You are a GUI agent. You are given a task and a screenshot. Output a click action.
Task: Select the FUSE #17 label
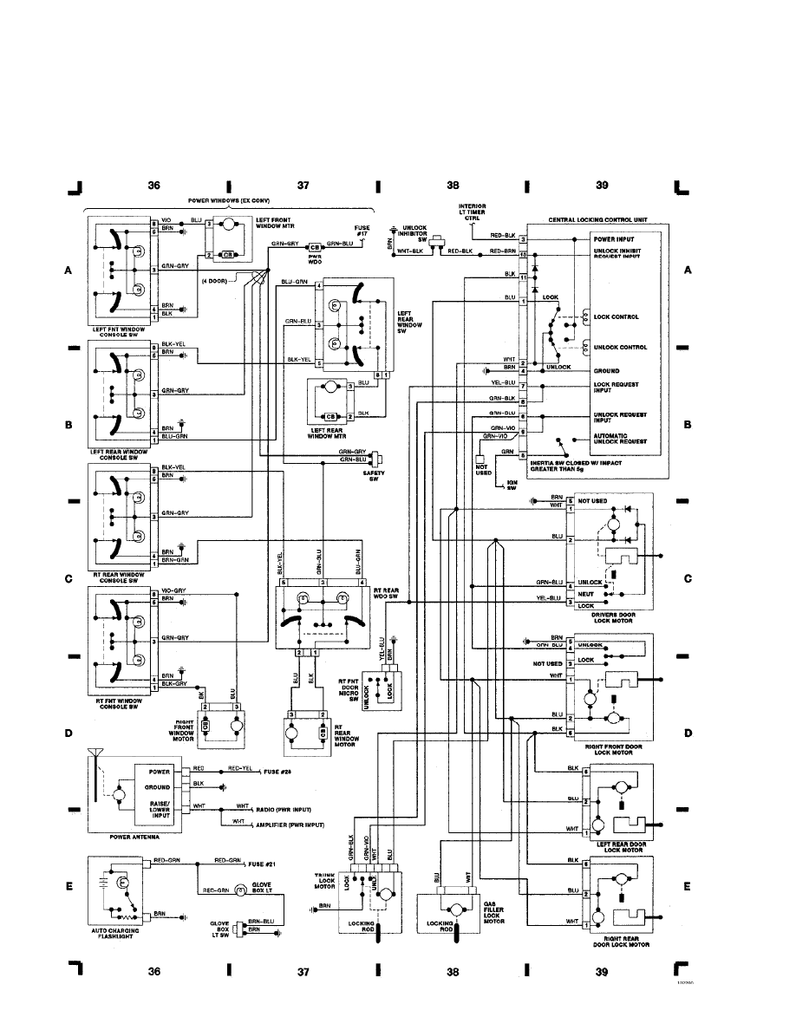(x=362, y=231)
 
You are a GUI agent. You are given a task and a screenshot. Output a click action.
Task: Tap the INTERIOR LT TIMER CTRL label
(x=473, y=212)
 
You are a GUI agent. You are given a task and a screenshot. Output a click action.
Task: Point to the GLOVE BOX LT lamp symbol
(x=236, y=890)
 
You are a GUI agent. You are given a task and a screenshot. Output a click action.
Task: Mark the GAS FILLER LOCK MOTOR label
(x=494, y=912)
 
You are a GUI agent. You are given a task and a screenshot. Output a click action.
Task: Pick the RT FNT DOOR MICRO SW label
(x=349, y=690)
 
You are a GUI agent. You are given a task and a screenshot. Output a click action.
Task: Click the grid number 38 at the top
(x=453, y=186)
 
